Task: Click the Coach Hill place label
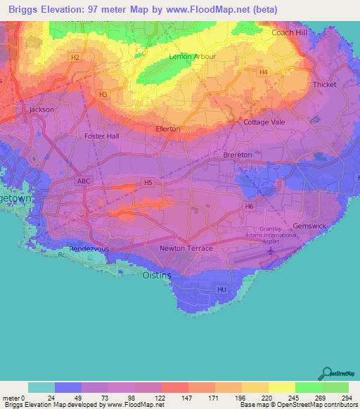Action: pyautogui.click(x=291, y=32)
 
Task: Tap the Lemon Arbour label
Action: pyautogui.click(x=193, y=56)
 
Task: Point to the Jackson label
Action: pyautogui.click(x=41, y=110)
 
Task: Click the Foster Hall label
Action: pyautogui.click(x=101, y=136)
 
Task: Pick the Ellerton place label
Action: pyautogui.click(x=167, y=129)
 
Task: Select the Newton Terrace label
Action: pyautogui.click(x=186, y=249)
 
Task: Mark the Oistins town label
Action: pyautogui.click(x=157, y=275)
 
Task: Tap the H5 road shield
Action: pyautogui.click(x=147, y=183)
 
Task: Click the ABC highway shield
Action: pyautogui.click(x=84, y=181)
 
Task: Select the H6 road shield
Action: pyautogui.click(x=249, y=206)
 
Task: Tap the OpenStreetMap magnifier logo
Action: pyautogui.click(x=327, y=373)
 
